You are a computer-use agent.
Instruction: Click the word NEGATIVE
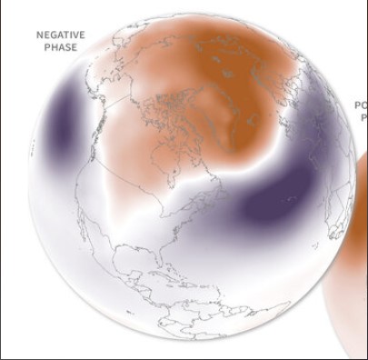point(61,35)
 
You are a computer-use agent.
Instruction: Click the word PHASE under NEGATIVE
point(61,47)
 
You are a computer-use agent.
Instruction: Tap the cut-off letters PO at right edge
point(361,106)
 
